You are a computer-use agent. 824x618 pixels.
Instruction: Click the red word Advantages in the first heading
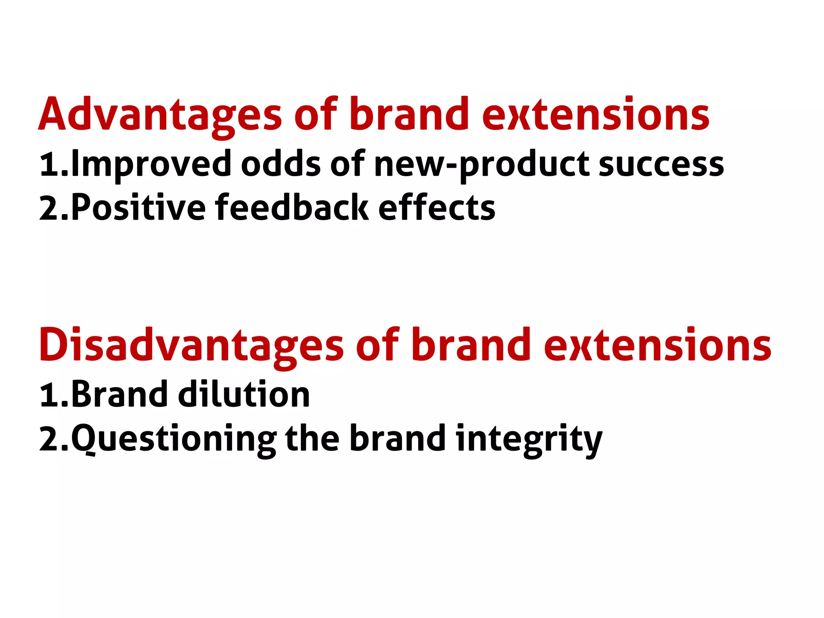(x=160, y=115)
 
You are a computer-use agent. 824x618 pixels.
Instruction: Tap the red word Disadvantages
(x=191, y=345)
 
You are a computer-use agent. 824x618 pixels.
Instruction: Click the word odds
(x=281, y=164)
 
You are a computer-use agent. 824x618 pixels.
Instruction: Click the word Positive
(x=138, y=208)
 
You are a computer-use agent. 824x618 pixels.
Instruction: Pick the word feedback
(x=292, y=208)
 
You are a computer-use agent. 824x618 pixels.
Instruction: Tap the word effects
(x=437, y=208)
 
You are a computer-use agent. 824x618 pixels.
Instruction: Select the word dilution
(x=244, y=394)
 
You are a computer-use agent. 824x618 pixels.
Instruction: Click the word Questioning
(x=174, y=439)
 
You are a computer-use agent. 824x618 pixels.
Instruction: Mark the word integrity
(x=529, y=439)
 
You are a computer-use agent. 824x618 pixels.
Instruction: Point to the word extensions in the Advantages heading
(x=595, y=115)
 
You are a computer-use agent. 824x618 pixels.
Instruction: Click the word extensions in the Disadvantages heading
(x=657, y=345)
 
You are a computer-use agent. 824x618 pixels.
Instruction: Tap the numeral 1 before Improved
(x=49, y=165)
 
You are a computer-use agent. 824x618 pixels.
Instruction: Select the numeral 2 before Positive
(x=49, y=208)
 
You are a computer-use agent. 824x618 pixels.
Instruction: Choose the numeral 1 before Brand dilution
(x=49, y=395)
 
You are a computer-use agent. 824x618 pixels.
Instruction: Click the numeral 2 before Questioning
(x=49, y=439)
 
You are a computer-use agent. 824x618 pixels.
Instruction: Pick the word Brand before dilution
(x=119, y=394)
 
